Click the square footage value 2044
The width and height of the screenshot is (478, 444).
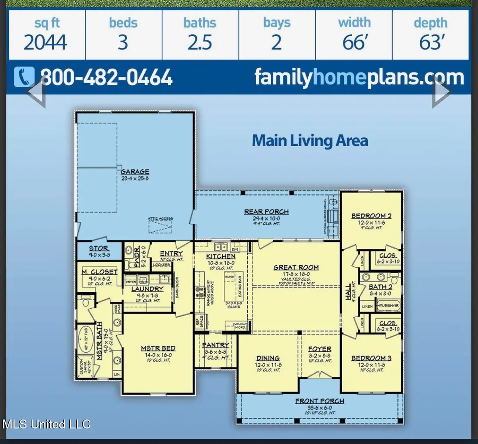pyautogui.click(x=45, y=43)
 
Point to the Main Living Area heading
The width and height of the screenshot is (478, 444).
pyautogui.click(x=310, y=141)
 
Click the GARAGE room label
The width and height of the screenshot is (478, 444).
pyautogui.click(x=135, y=172)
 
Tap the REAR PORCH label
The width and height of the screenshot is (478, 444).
pyautogui.click(x=266, y=212)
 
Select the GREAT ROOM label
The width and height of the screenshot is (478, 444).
pyautogui.click(x=296, y=268)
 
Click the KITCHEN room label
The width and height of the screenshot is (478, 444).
pyautogui.click(x=221, y=256)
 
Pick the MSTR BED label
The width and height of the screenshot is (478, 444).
pyautogui.click(x=158, y=348)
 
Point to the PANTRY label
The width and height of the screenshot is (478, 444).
pyautogui.click(x=215, y=345)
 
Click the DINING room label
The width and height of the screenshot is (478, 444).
pyautogui.click(x=268, y=358)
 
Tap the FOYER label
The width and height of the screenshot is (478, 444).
pyautogui.click(x=319, y=349)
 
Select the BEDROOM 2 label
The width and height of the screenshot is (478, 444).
pyautogui.click(x=371, y=216)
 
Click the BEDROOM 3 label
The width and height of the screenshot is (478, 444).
pyautogui.click(x=371, y=358)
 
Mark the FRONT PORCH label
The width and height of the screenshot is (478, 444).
pyautogui.click(x=319, y=401)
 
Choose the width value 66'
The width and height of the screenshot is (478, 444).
pyautogui.click(x=354, y=43)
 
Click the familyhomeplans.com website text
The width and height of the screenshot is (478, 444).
pyautogui.click(x=359, y=77)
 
